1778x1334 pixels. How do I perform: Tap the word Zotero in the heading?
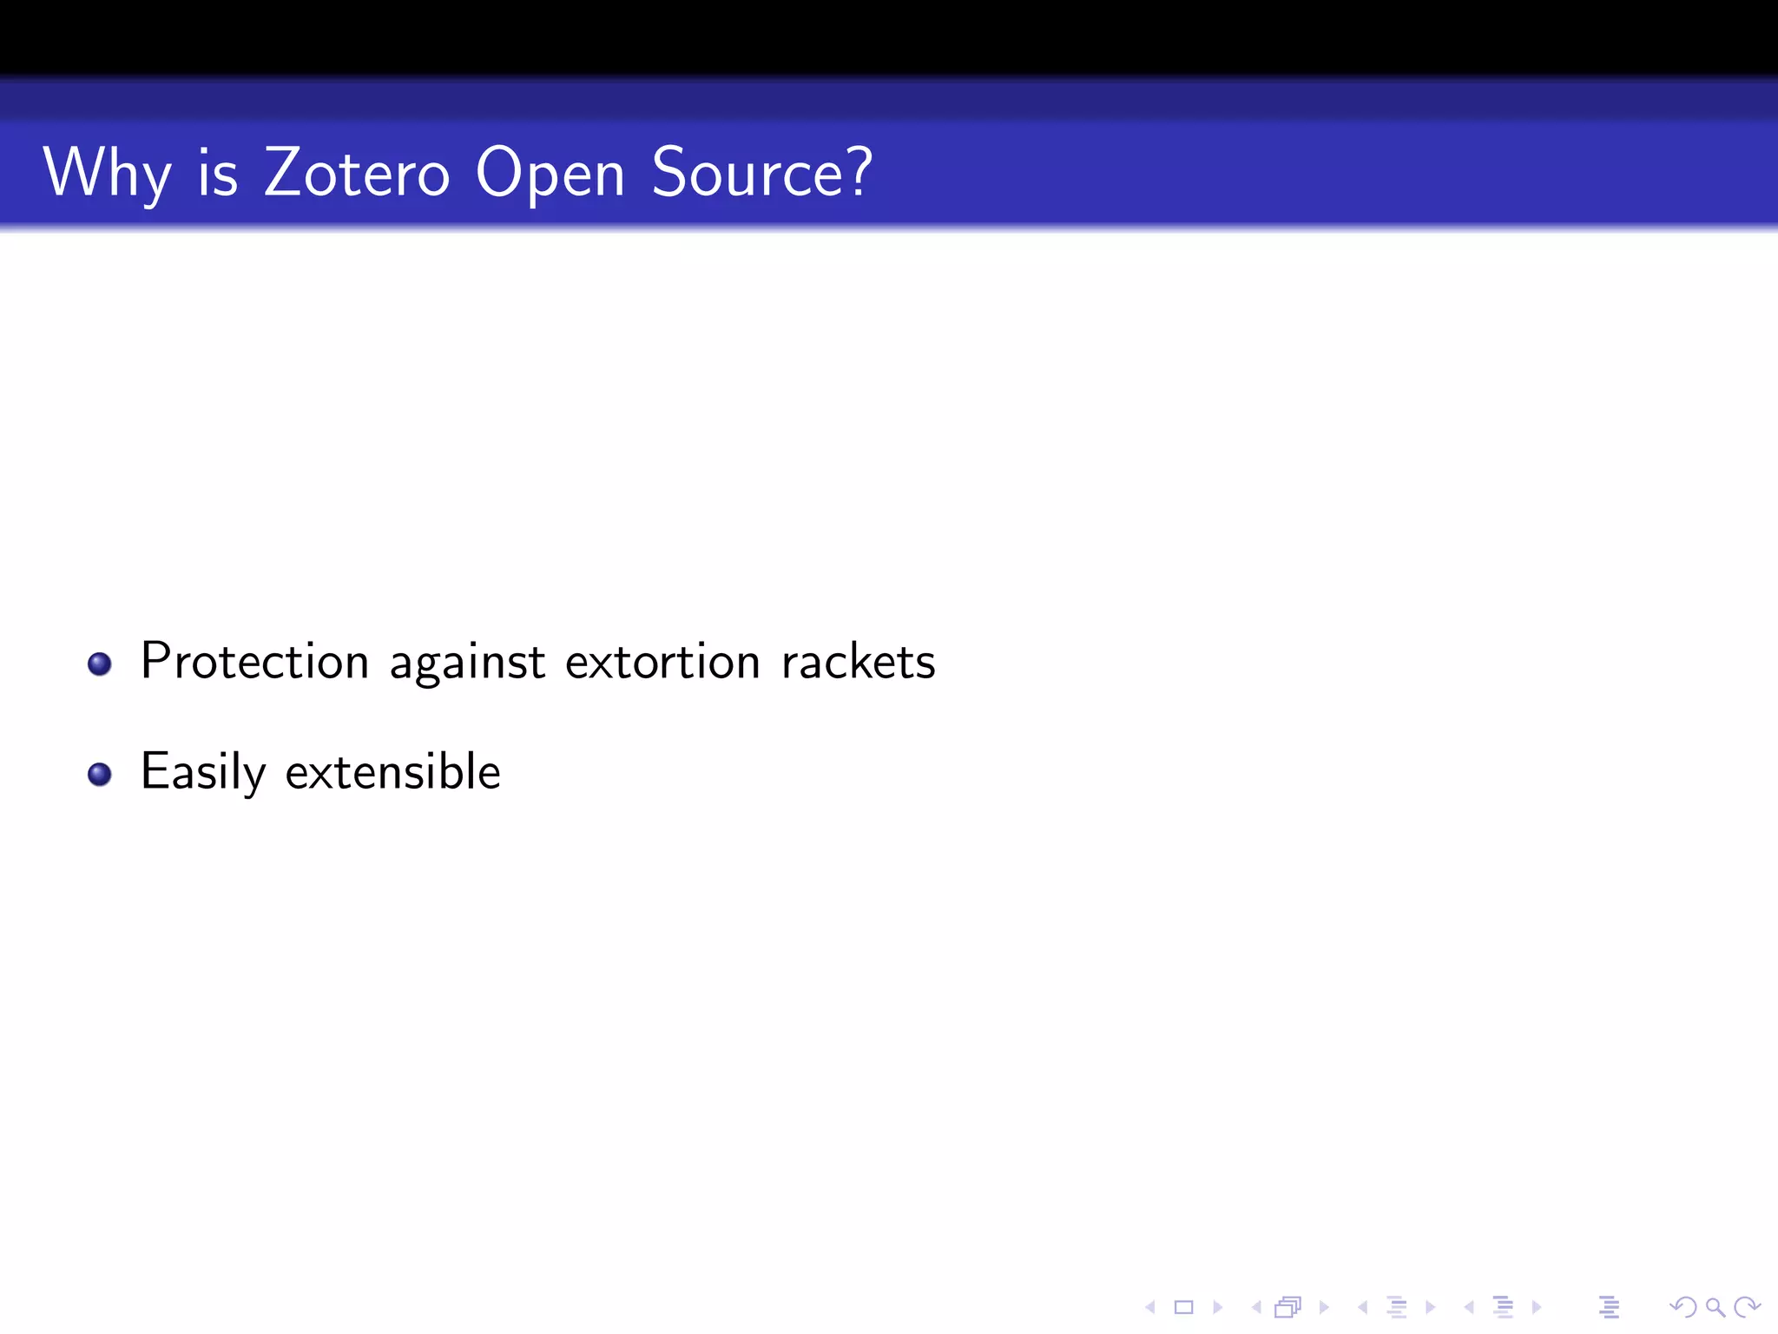pos(357,172)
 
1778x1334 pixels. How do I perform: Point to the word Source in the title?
pos(748,172)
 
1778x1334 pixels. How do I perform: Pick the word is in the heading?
pos(218,172)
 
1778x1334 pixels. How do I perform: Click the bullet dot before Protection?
pos(100,664)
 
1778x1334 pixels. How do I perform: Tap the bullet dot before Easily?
pos(100,774)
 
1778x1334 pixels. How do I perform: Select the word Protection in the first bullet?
pos(255,662)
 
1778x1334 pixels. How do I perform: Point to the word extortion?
pos(662,663)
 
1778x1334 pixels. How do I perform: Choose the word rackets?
pos(858,662)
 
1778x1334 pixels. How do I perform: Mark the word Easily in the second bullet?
pos(203,772)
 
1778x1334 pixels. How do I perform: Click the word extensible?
pos(392,771)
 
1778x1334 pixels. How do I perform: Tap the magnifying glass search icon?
pos(1715,1307)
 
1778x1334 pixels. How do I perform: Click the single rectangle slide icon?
pos(1184,1307)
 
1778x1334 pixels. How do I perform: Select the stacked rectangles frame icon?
pos(1288,1307)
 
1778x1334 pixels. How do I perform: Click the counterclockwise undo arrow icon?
pos(1683,1307)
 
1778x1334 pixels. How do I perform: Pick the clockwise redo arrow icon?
pos(1747,1307)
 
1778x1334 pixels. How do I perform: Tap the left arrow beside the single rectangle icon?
pos(1150,1307)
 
